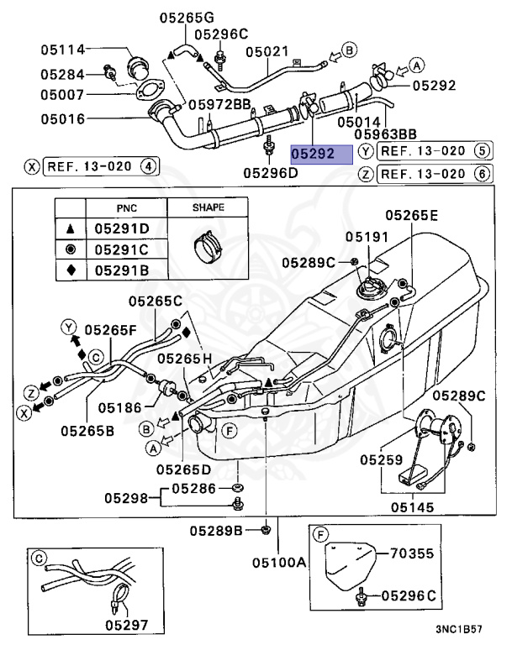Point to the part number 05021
(x=268, y=51)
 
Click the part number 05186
(x=119, y=407)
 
